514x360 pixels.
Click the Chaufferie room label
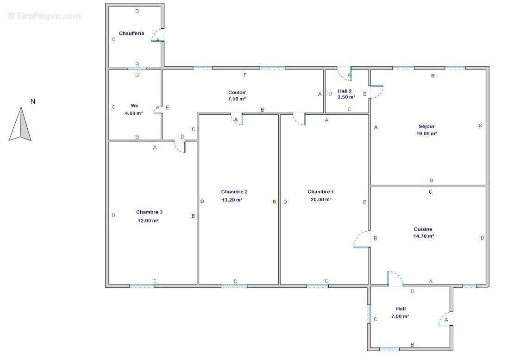pos(132,33)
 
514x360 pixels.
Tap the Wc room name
pos(134,106)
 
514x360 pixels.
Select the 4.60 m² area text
pos(134,114)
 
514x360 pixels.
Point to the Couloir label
pos(237,93)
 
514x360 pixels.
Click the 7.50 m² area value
pos(237,99)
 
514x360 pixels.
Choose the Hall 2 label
pos(345,91)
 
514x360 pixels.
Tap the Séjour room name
pos(426,126)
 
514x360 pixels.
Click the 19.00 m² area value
pos(426,133)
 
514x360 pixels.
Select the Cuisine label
pos(423,229)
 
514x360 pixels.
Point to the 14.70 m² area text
pos(424,236)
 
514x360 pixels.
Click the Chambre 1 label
pos(320,192)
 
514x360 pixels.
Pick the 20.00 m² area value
pos(321,199)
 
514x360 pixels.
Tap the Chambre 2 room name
pos(234,192)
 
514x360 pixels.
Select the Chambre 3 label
pos(149,212)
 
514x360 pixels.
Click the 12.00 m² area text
pos(148,221)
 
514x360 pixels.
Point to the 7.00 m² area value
pos(400,316)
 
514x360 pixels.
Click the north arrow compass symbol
pos(20,124)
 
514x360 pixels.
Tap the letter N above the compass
pos(33,101)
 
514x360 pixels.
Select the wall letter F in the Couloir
pos(245,75)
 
